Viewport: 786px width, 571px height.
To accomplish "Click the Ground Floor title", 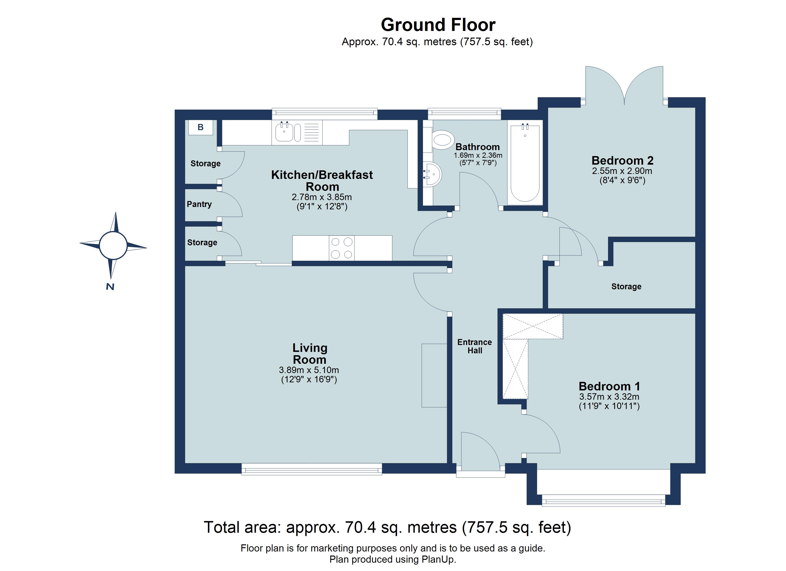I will point(438,25).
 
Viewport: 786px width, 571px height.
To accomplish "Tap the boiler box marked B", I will point(200,128).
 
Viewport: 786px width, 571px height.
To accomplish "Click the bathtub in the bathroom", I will point(525,163).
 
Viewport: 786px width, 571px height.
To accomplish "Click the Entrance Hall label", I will point(474,346).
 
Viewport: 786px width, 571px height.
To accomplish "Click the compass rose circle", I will point(113,246).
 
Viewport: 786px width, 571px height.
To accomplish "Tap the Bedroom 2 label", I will point(622,160).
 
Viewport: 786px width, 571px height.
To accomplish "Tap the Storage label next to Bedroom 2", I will point(626,286).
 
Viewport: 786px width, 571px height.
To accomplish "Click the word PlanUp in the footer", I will point(438,559).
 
